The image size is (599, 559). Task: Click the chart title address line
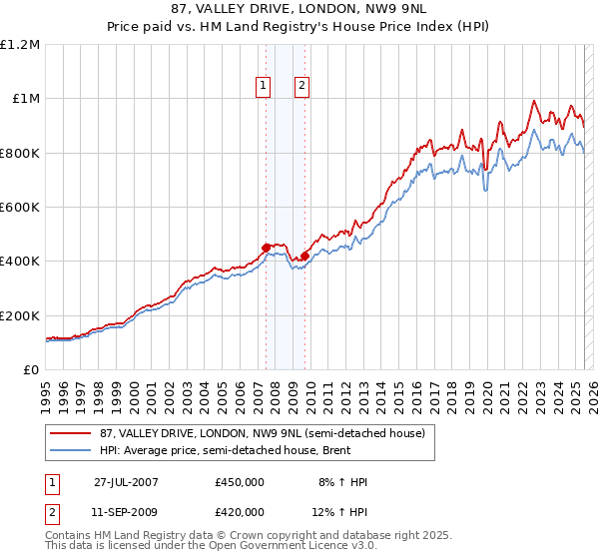(299, 10)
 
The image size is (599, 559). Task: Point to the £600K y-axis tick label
(20, 208)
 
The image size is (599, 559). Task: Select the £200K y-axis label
(20, 315)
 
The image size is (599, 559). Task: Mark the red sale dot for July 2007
(267, 248)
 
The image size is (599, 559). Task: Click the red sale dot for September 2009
(304, 256)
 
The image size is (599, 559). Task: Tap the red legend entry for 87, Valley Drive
(261, 433)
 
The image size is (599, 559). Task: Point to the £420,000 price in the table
(240, 512)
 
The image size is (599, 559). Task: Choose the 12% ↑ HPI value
(339, 512)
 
